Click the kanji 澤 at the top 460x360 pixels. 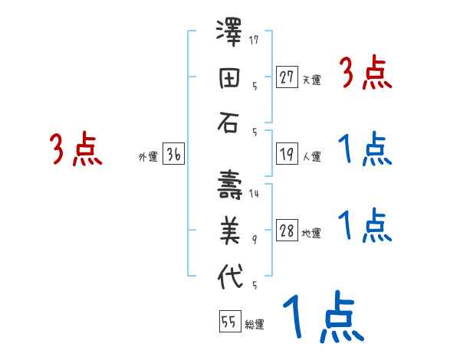pos(229,35)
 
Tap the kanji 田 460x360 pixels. pos(229,78)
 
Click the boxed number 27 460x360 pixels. pos(287,77)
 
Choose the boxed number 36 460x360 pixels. pos(173,155)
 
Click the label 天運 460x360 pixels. pos(311,80)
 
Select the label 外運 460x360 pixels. pos(147,157)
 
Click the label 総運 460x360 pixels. pos(254,325)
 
